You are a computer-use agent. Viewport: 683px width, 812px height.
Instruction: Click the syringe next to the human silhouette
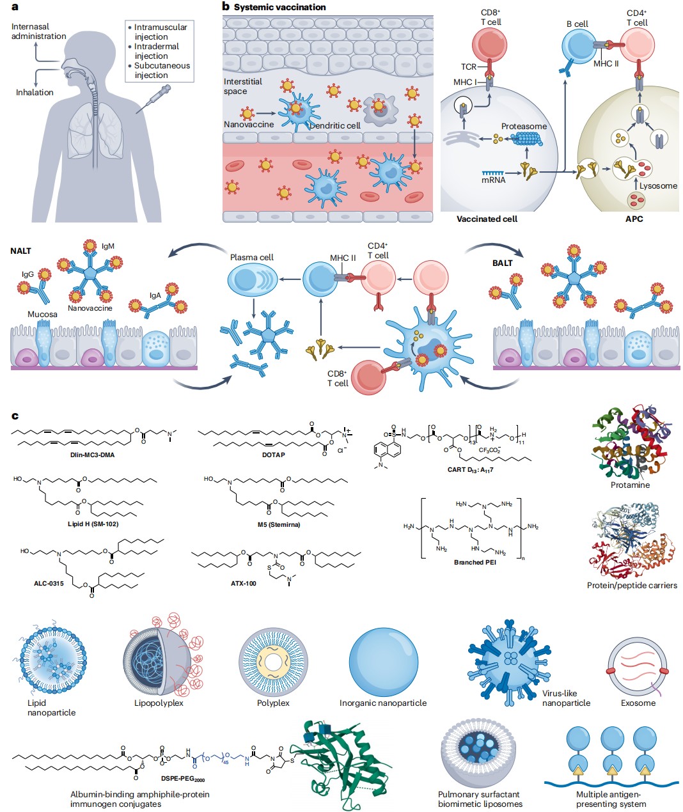coord(153,100)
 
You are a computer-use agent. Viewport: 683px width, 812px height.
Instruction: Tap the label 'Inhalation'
coord(35,92)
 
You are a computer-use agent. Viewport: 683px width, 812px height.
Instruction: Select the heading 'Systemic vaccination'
coord(279,7)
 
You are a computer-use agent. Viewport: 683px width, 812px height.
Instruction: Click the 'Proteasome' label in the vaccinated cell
coord(524,126)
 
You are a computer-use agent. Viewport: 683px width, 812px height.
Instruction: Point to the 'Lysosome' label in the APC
coord(658,185)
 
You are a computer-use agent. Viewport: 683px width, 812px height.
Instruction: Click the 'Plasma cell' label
coord(251,257)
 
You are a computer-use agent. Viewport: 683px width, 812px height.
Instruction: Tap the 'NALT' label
coord(20,251)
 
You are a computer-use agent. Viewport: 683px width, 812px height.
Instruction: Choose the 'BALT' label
coord(502,263)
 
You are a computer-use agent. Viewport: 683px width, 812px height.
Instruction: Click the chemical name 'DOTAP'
coord(273,455)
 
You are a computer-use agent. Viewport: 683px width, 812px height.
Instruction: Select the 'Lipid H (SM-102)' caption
coord(93,524)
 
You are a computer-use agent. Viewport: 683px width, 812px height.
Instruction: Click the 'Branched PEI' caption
coord(475,562)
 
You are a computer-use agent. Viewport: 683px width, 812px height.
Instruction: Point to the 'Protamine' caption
coord(630,485)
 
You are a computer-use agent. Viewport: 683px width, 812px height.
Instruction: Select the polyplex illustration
coord(273,661)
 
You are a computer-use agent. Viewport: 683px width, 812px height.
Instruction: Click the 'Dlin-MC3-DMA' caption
coord(93,455)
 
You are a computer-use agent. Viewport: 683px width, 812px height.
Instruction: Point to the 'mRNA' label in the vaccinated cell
coord(493,180)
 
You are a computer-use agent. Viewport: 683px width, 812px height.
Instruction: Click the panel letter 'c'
coord(15,416)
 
